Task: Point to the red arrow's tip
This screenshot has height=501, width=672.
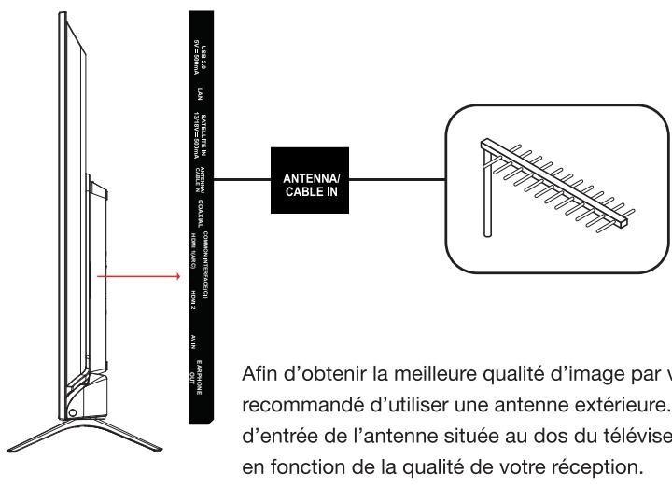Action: (x=180, y=277)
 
